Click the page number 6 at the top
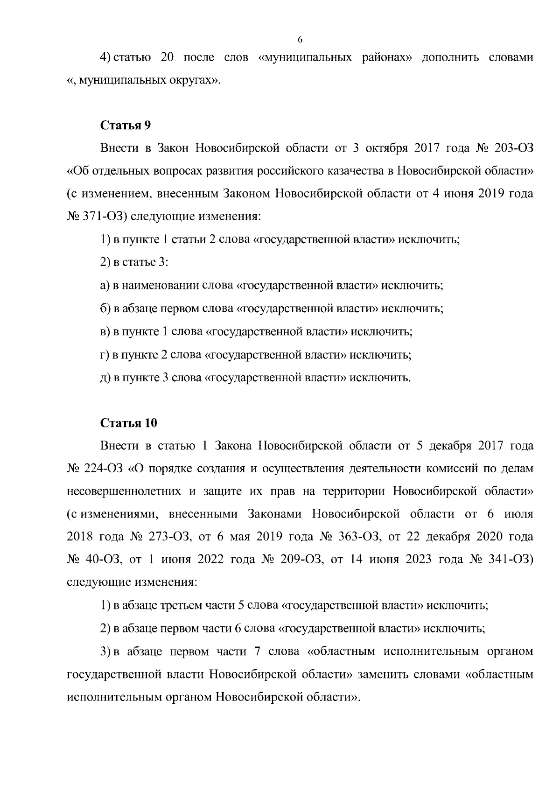(300, 40)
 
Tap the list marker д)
(105, 378)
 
